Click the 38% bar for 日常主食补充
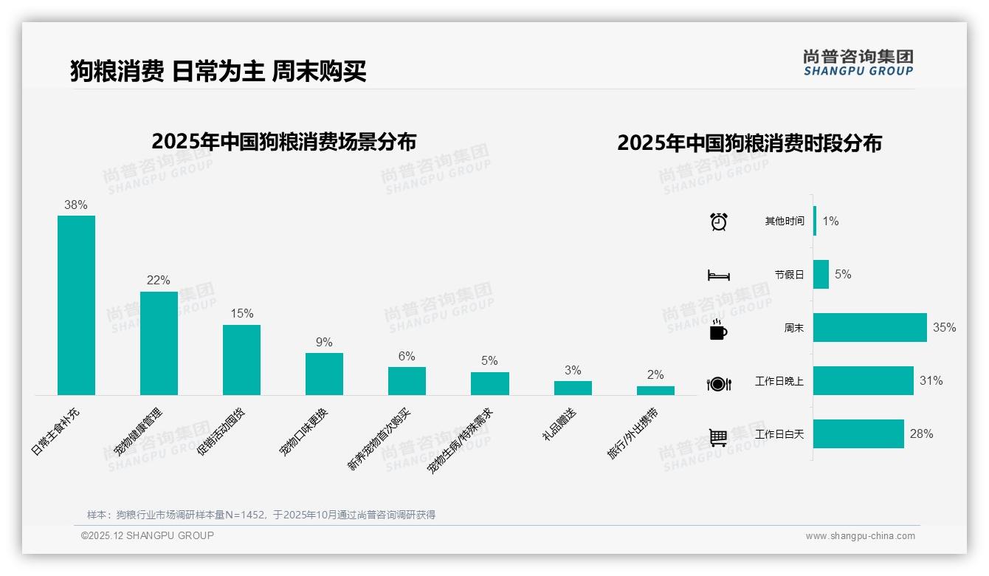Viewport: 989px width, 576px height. coord(76,305)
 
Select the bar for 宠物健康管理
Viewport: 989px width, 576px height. coord(159,343)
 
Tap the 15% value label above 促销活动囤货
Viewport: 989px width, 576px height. coord(242,313)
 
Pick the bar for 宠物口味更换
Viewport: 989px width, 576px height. coord(324,374)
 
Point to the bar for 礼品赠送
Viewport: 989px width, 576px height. coord(573,388)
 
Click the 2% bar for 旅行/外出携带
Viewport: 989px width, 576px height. coord(655,391)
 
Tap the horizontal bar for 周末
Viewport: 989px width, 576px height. coord(869,327)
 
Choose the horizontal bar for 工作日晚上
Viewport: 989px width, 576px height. coord(863,381)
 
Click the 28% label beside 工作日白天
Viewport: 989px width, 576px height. coord(921,434)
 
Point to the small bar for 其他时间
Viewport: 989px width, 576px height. coord(815,221)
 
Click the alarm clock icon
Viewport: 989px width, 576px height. coord(719,221)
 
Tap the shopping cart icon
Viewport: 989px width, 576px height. coord(718,437)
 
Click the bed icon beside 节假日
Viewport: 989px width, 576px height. coord(718,275)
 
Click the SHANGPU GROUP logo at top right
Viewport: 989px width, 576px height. coord(858,63)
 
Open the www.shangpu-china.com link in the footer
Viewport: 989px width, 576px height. coord(860,536)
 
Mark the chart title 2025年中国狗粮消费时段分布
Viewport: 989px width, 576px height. coord(749,143)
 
